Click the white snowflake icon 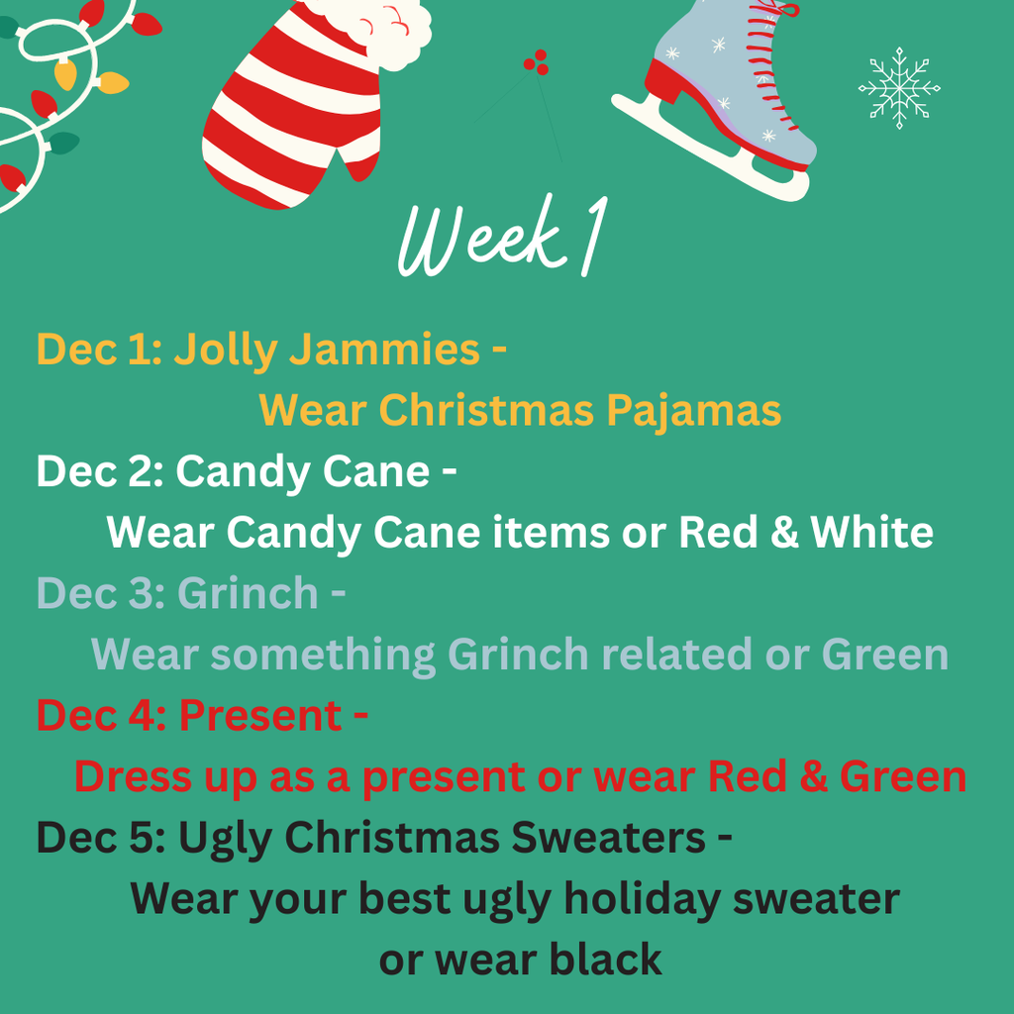898,88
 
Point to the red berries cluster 536,63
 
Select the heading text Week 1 499,238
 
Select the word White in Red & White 871,533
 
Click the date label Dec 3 96,593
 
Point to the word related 703,655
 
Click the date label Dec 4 96,716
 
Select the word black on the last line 604,960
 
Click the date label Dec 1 94,350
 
